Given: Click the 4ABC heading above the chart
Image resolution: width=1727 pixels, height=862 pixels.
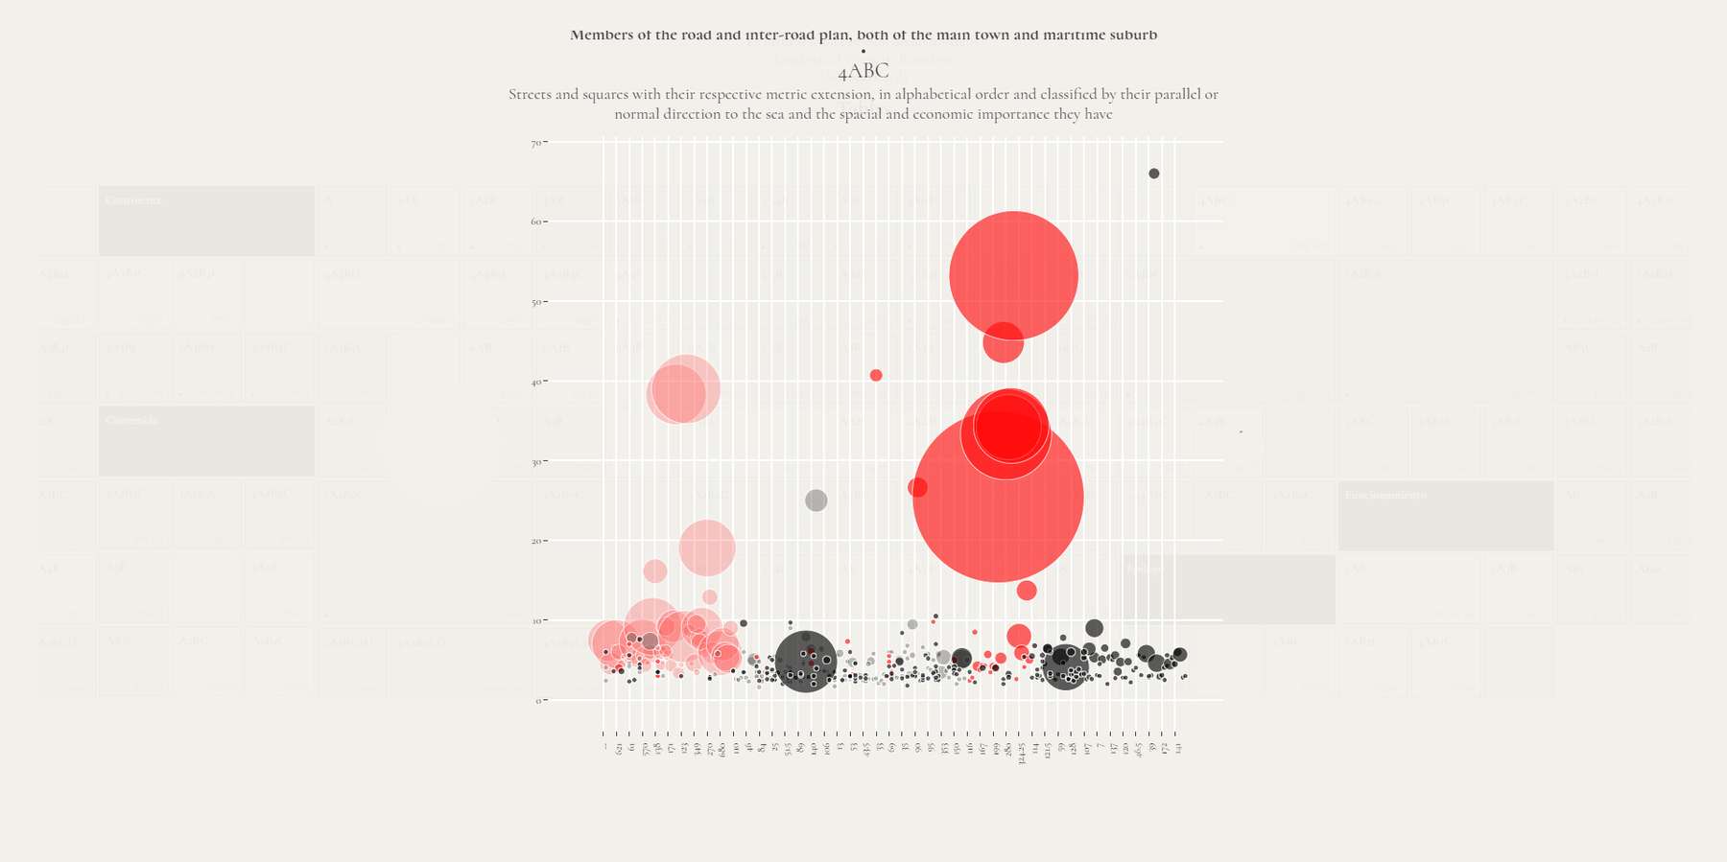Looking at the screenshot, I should [863, 72].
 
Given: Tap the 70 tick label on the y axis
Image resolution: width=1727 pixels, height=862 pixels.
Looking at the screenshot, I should [535, 144].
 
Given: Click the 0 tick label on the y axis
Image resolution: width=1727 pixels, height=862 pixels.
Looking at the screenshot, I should [538, 701].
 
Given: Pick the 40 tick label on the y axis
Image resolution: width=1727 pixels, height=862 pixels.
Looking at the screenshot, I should [535, 383].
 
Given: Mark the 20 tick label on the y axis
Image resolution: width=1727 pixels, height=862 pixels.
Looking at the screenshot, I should [535, 542].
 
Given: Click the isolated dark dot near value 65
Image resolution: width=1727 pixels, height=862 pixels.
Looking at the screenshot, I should [1154, 174].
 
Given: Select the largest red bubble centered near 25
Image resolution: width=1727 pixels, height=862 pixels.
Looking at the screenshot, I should [998, 497].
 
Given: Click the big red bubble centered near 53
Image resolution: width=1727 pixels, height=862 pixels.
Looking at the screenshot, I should [1013, 275].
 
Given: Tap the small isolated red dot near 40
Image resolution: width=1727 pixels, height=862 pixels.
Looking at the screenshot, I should [876, 376].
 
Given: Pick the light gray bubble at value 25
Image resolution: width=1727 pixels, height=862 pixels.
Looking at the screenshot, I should [816, 501].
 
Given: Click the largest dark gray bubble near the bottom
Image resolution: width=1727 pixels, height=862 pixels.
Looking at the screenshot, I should [806, 662].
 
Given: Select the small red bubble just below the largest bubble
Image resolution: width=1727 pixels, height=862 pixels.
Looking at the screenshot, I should [1027, 591].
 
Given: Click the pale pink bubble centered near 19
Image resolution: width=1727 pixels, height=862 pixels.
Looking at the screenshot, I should [707, 547].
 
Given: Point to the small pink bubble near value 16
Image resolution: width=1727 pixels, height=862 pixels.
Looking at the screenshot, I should [655, 571].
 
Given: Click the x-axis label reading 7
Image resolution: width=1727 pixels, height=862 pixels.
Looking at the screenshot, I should [1100, 746].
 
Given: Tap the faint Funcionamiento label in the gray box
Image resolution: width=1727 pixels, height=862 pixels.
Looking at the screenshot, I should [1385, 495].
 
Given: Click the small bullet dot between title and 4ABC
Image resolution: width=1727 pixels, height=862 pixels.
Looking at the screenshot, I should [863, 52].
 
